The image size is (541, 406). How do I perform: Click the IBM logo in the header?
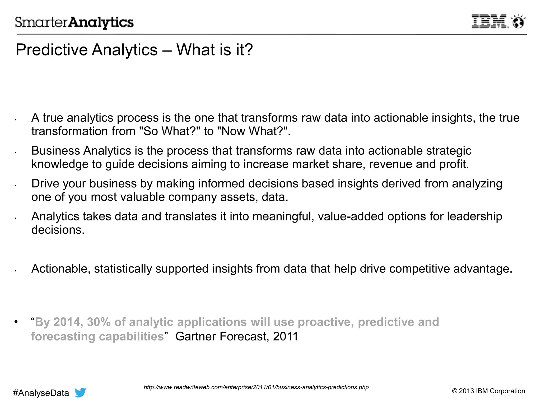489,22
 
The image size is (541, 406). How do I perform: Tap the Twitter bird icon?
80,393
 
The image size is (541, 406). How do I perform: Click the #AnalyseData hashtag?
41,393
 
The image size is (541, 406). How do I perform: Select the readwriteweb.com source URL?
256,387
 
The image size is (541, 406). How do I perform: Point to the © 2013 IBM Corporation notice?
488,391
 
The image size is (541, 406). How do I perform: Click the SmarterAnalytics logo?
74,22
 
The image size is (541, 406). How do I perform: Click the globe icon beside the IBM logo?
518,22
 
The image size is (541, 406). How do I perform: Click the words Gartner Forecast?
222,336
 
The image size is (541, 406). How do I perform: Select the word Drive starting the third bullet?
45,183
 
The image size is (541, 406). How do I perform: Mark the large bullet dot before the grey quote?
16,322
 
